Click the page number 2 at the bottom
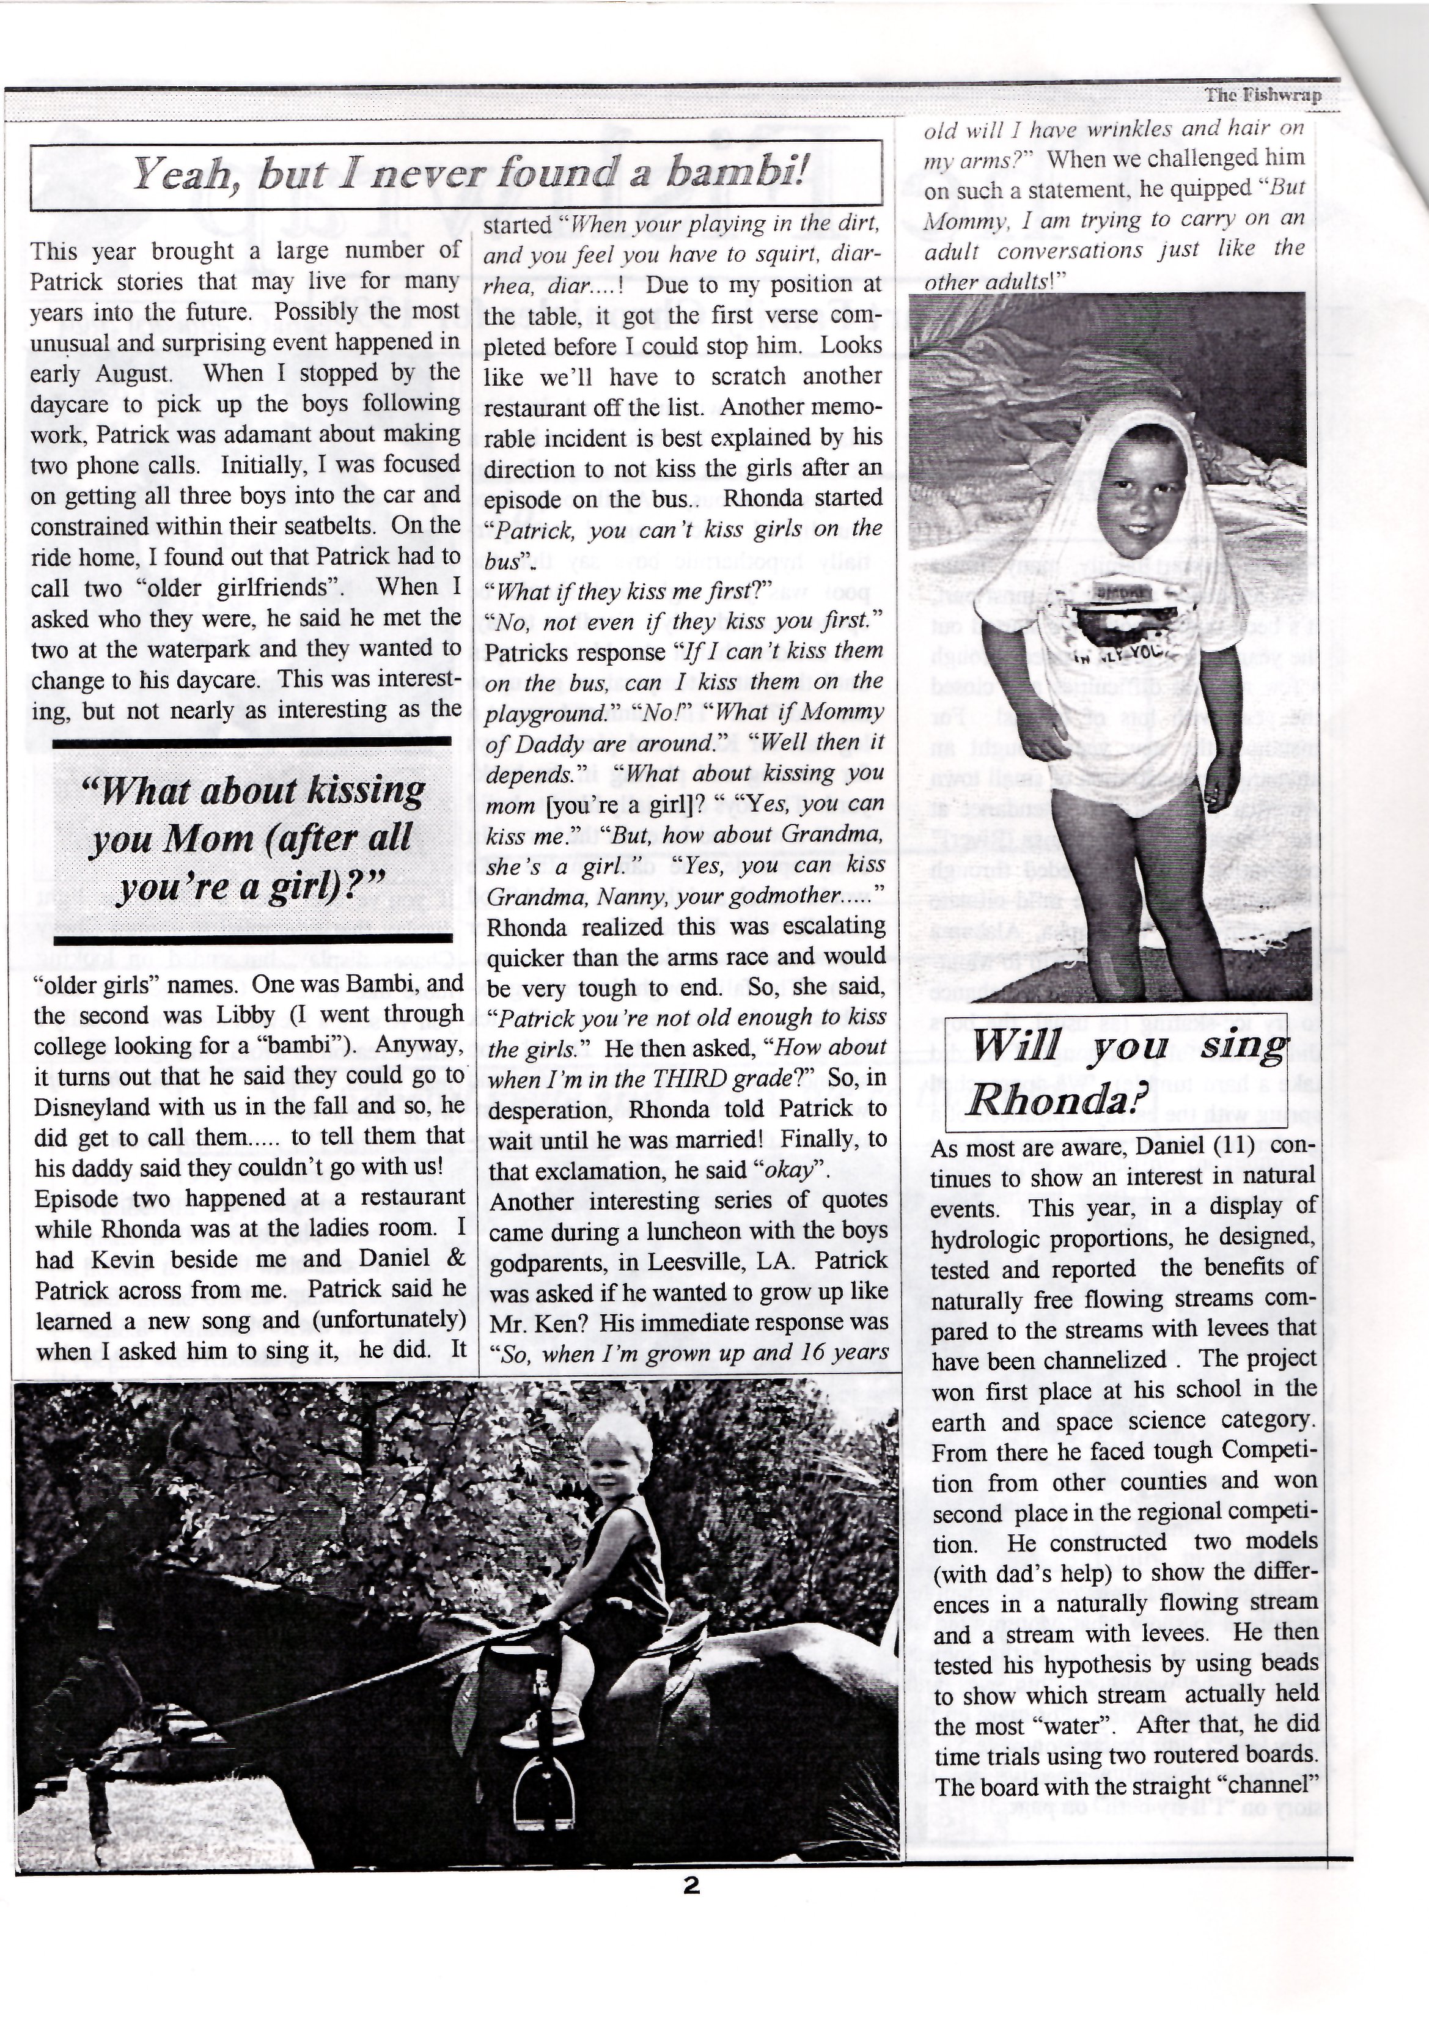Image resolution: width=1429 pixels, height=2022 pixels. coord(691,1886)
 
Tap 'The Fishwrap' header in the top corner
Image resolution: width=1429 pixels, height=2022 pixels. coord(1263,95)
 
